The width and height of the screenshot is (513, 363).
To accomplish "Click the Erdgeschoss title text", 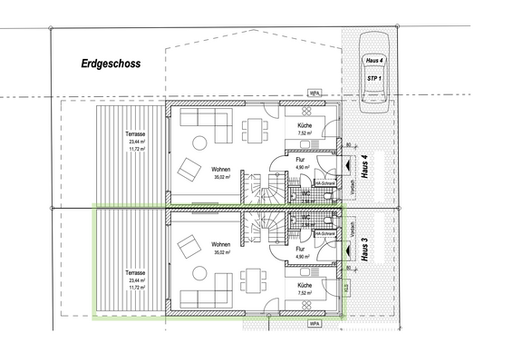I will point(109,65).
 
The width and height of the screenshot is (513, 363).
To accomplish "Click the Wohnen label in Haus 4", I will point(220,169).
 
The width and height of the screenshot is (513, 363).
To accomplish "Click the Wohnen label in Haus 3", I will point(220,245).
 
